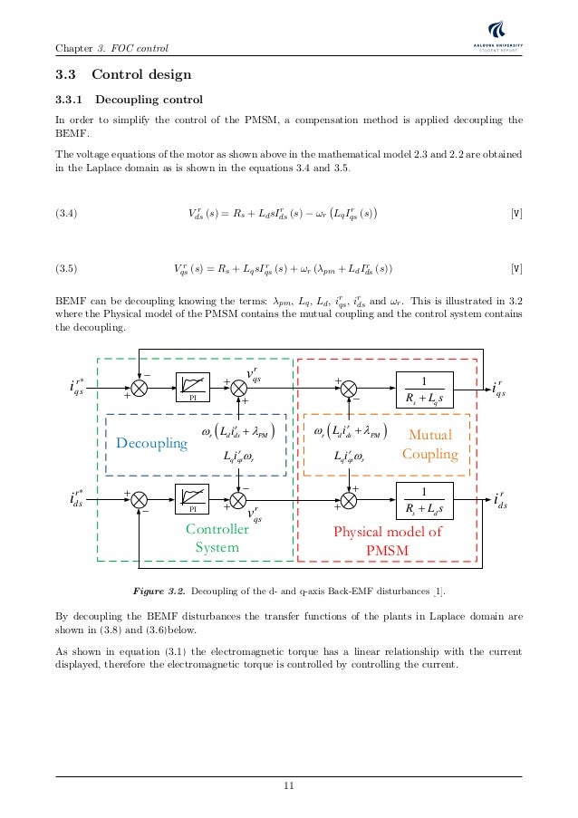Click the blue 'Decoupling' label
click(151, 443)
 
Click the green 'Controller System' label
click(211, 538)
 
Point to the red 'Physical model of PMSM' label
click(388, 541)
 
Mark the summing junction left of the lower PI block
click(140, 497)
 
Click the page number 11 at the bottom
click(288, 785)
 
